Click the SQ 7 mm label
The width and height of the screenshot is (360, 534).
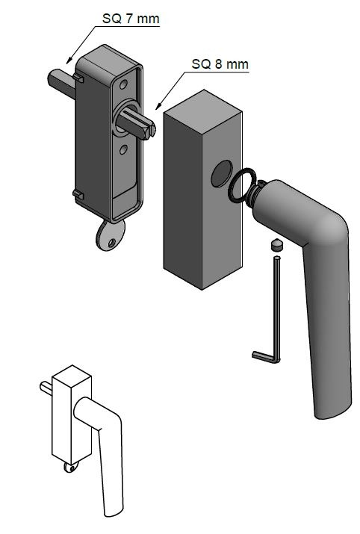coord(131,19)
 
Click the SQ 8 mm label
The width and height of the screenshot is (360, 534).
coord(220,64)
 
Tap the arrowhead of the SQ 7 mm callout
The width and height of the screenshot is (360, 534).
coord(69,60)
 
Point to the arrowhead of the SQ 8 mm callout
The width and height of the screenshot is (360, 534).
coord(158,106)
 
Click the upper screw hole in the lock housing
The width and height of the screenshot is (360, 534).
coord(123,84)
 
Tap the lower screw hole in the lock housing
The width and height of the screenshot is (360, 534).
coord(123,149)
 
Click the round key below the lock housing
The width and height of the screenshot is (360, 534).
coord(111,235)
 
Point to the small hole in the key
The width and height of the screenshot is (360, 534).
coord(112,243)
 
